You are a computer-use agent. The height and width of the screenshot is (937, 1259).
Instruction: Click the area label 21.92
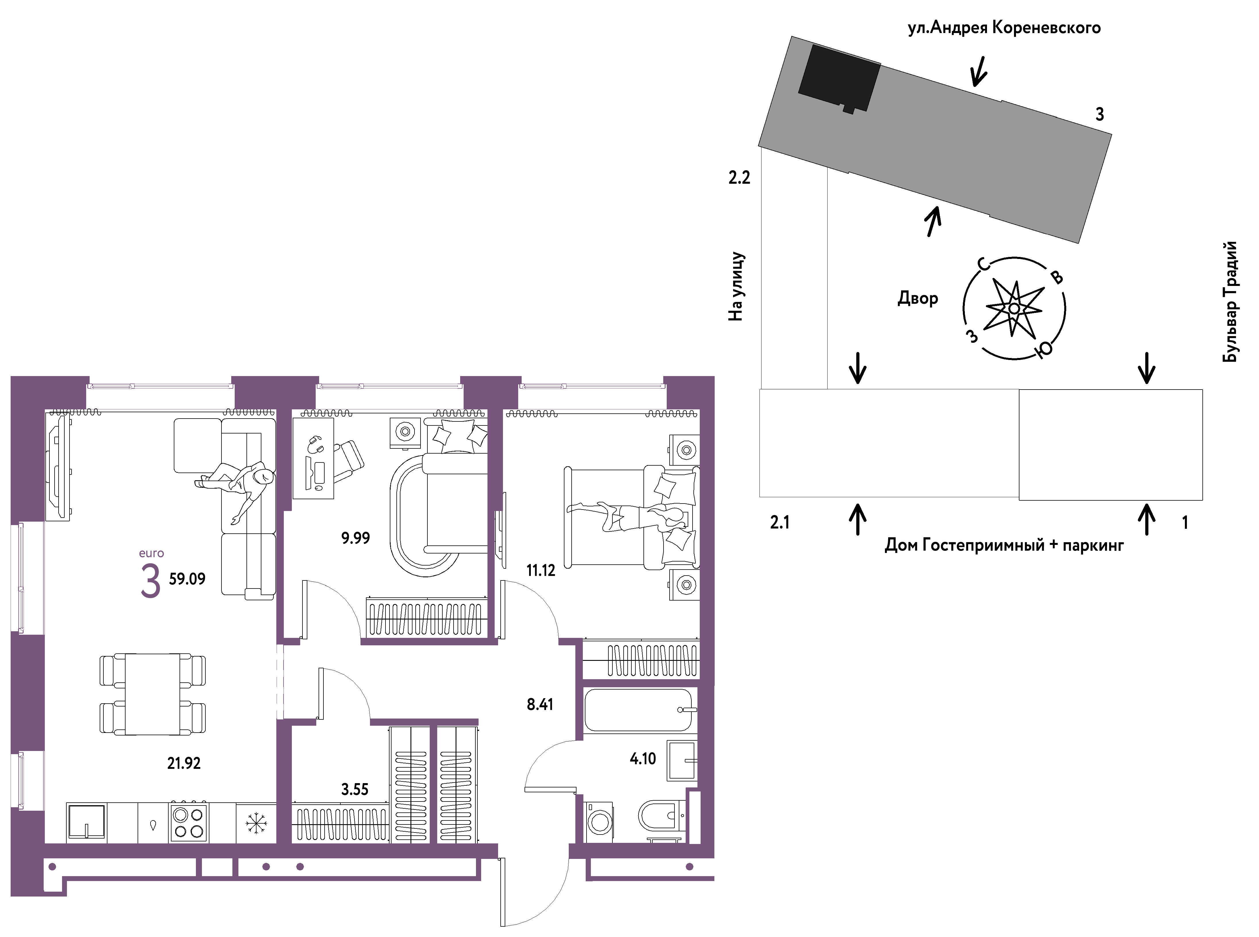[184, 763]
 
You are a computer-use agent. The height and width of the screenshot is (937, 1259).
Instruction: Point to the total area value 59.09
[187, 578]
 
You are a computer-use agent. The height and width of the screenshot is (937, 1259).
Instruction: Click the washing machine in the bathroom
[599, 821]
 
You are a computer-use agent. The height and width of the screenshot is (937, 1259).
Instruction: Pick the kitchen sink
[86, 821]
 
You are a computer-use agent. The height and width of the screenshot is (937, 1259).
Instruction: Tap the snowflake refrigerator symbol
[256, 823]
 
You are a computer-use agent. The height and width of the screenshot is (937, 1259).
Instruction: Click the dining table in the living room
[153, 694]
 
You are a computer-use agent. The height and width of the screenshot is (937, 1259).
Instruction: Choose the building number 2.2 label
[739, 177]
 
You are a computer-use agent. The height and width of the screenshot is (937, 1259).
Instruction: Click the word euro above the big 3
[151, 553]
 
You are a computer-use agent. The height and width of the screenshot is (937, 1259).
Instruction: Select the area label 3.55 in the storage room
[355, 789]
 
